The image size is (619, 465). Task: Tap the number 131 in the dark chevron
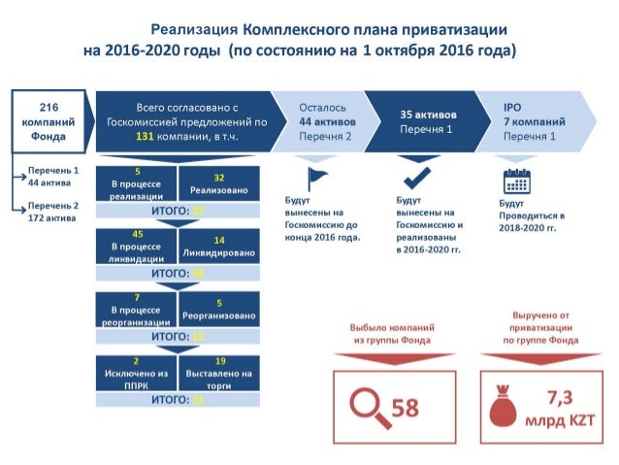(x=146, y=138)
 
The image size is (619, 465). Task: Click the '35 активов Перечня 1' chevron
(x=428, y=121)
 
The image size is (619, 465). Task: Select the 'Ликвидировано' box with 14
(x=218, y=246)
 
